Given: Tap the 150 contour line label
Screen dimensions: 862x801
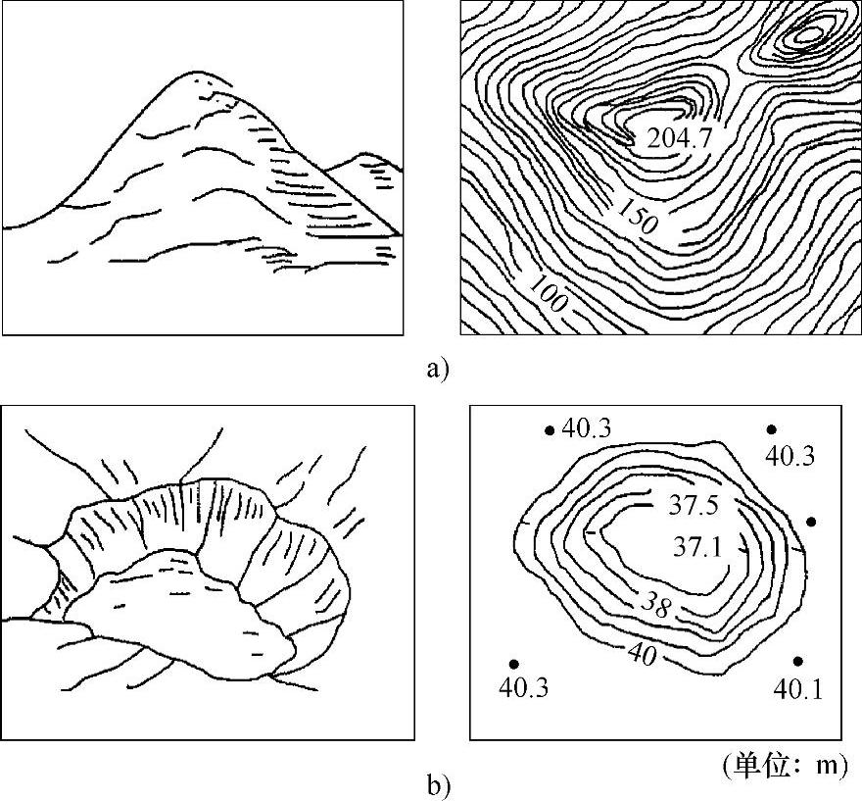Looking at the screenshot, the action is pyautogui.click(x=637, y=217).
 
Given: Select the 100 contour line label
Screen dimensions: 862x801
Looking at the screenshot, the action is pyautogui.click(x=549, y=293).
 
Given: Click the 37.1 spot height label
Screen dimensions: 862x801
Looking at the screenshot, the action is pyautogui.click(x=696, y=547).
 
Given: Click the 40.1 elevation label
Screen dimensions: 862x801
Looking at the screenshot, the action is pyautogui.click(x=797, y=690).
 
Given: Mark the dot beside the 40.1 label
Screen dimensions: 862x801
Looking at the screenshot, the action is pyautogui.click(x=797, y=662).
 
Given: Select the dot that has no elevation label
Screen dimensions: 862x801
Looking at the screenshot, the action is pyautogui.click(x=810, y=521).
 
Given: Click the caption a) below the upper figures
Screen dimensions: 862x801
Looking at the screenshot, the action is pyautogui.click(x=437, y=370).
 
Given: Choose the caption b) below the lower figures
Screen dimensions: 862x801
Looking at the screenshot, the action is pyautogui.click(x=437, y=784).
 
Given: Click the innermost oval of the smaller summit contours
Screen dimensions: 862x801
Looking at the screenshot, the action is pyautogui.click(x=808, y=36).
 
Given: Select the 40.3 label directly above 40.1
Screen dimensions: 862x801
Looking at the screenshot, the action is pyautogui.click(x=790, y=455).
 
